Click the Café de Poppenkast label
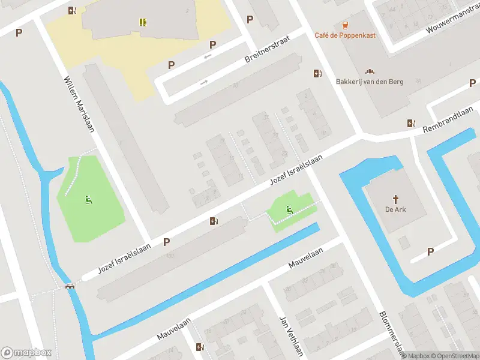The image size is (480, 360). [345, 35]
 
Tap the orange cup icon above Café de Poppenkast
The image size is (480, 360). [345, 25]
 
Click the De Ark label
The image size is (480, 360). [395, 209]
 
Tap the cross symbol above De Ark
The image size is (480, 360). [395, 199]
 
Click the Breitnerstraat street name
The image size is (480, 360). [267, 49]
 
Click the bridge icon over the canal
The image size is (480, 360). [71, 286]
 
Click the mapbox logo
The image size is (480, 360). [26, 353]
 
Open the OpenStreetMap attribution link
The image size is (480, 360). [454, 356]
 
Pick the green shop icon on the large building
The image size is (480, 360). [143, 22]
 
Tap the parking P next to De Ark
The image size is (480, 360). [430, 251]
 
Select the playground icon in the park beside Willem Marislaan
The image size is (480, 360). [89, 200]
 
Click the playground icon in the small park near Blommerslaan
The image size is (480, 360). [289, 209]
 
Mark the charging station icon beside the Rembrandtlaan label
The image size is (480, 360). [411, 123]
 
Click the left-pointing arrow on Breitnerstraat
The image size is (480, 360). [208, 57]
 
